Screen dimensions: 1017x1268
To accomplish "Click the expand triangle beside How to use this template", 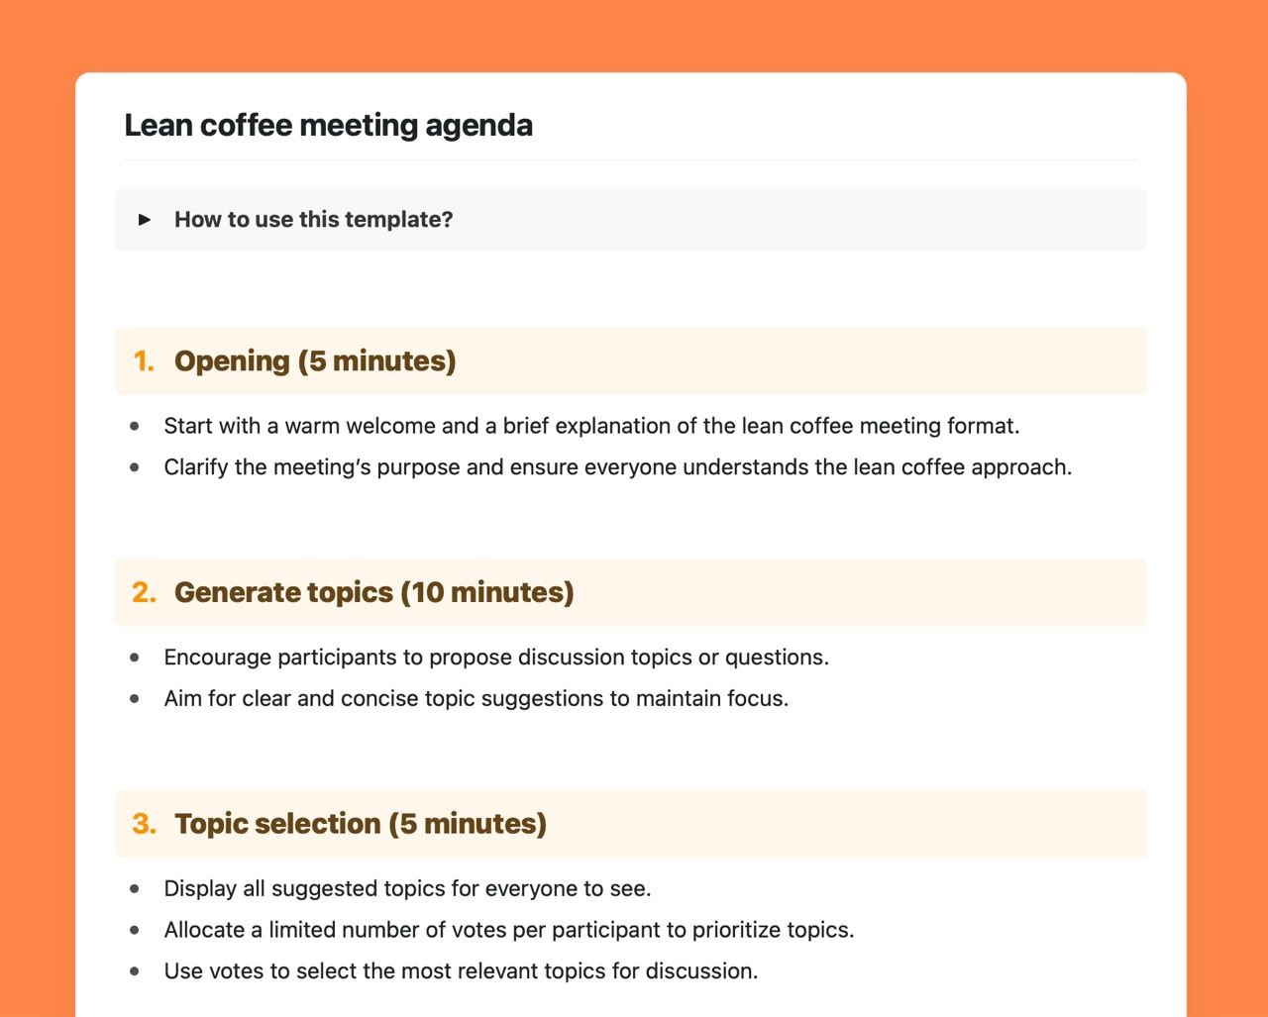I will (145, 219).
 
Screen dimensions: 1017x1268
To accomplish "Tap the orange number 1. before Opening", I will (144, 361).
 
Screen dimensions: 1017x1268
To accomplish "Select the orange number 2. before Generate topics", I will (144, 592).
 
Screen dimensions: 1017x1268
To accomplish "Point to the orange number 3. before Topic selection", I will (144, 824).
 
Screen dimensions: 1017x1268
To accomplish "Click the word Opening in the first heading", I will (232, 361).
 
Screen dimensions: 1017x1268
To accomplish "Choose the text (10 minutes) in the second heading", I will (487, 592).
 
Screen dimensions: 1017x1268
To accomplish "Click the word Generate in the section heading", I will (234, 592).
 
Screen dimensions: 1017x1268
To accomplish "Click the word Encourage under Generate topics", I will (217, 658).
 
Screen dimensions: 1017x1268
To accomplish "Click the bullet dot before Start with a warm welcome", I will (135, 426).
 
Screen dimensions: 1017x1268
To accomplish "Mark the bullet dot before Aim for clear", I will (135, 698).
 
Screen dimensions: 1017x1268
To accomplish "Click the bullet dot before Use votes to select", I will (135, 970).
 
